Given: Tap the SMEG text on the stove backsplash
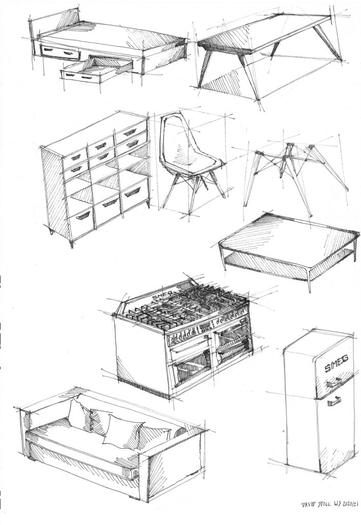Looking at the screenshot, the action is pos(162,295).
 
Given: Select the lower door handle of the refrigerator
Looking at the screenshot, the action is pos(334,400).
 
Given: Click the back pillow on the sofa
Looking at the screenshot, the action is pos(79,414).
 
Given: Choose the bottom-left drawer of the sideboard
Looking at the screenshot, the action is pos(82,219).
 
